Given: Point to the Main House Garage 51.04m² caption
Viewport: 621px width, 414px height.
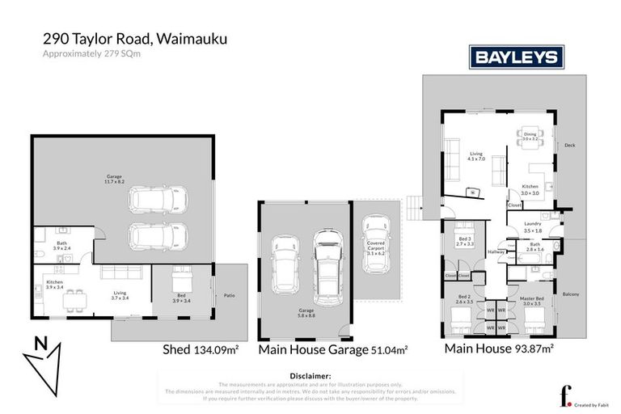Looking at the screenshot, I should (332, 350).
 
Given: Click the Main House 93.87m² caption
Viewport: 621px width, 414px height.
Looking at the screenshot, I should (497, 349).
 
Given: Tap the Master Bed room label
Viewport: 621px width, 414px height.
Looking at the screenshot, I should (530, 300).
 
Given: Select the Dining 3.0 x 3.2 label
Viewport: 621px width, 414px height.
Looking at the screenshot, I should (530, 137).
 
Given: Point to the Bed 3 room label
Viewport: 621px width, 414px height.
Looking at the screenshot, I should (464, 240).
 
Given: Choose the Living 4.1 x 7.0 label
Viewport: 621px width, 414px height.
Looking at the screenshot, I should (475, 156).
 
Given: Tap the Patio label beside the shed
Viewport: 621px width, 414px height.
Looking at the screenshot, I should (229, 295).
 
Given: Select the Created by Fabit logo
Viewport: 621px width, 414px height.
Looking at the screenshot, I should (580, 397).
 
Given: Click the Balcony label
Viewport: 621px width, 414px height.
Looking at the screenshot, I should (571, 294).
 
